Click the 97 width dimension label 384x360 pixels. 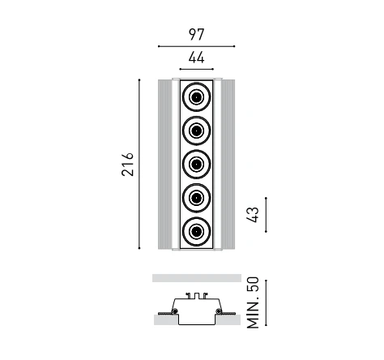(196, 35)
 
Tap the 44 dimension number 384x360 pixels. (196, 58)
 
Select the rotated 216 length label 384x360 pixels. (127, 165)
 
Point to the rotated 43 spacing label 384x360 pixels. (253, 215)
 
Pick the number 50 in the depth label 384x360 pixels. (253, 284)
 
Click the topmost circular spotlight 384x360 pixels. (196, 96)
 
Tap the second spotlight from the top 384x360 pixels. (196, 131)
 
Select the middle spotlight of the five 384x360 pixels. (196, 164)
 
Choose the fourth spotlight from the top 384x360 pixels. (196, 198)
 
